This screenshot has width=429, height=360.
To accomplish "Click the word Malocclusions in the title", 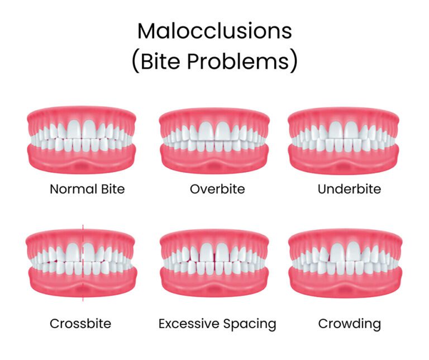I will click(214, 31).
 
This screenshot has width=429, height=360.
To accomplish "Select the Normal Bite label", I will click(87, 189).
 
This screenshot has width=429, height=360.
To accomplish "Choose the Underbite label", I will click(349, 189).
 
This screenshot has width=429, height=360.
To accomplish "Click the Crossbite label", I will click(80, 323).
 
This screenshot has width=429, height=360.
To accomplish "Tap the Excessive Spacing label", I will click(217, 323).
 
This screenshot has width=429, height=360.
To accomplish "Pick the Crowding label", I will click(349, 323).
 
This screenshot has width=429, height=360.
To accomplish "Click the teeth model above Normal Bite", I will click(82, 139).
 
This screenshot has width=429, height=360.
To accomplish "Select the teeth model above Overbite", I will click(214, 139).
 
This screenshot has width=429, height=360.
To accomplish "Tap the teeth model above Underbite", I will click(345, 139).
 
